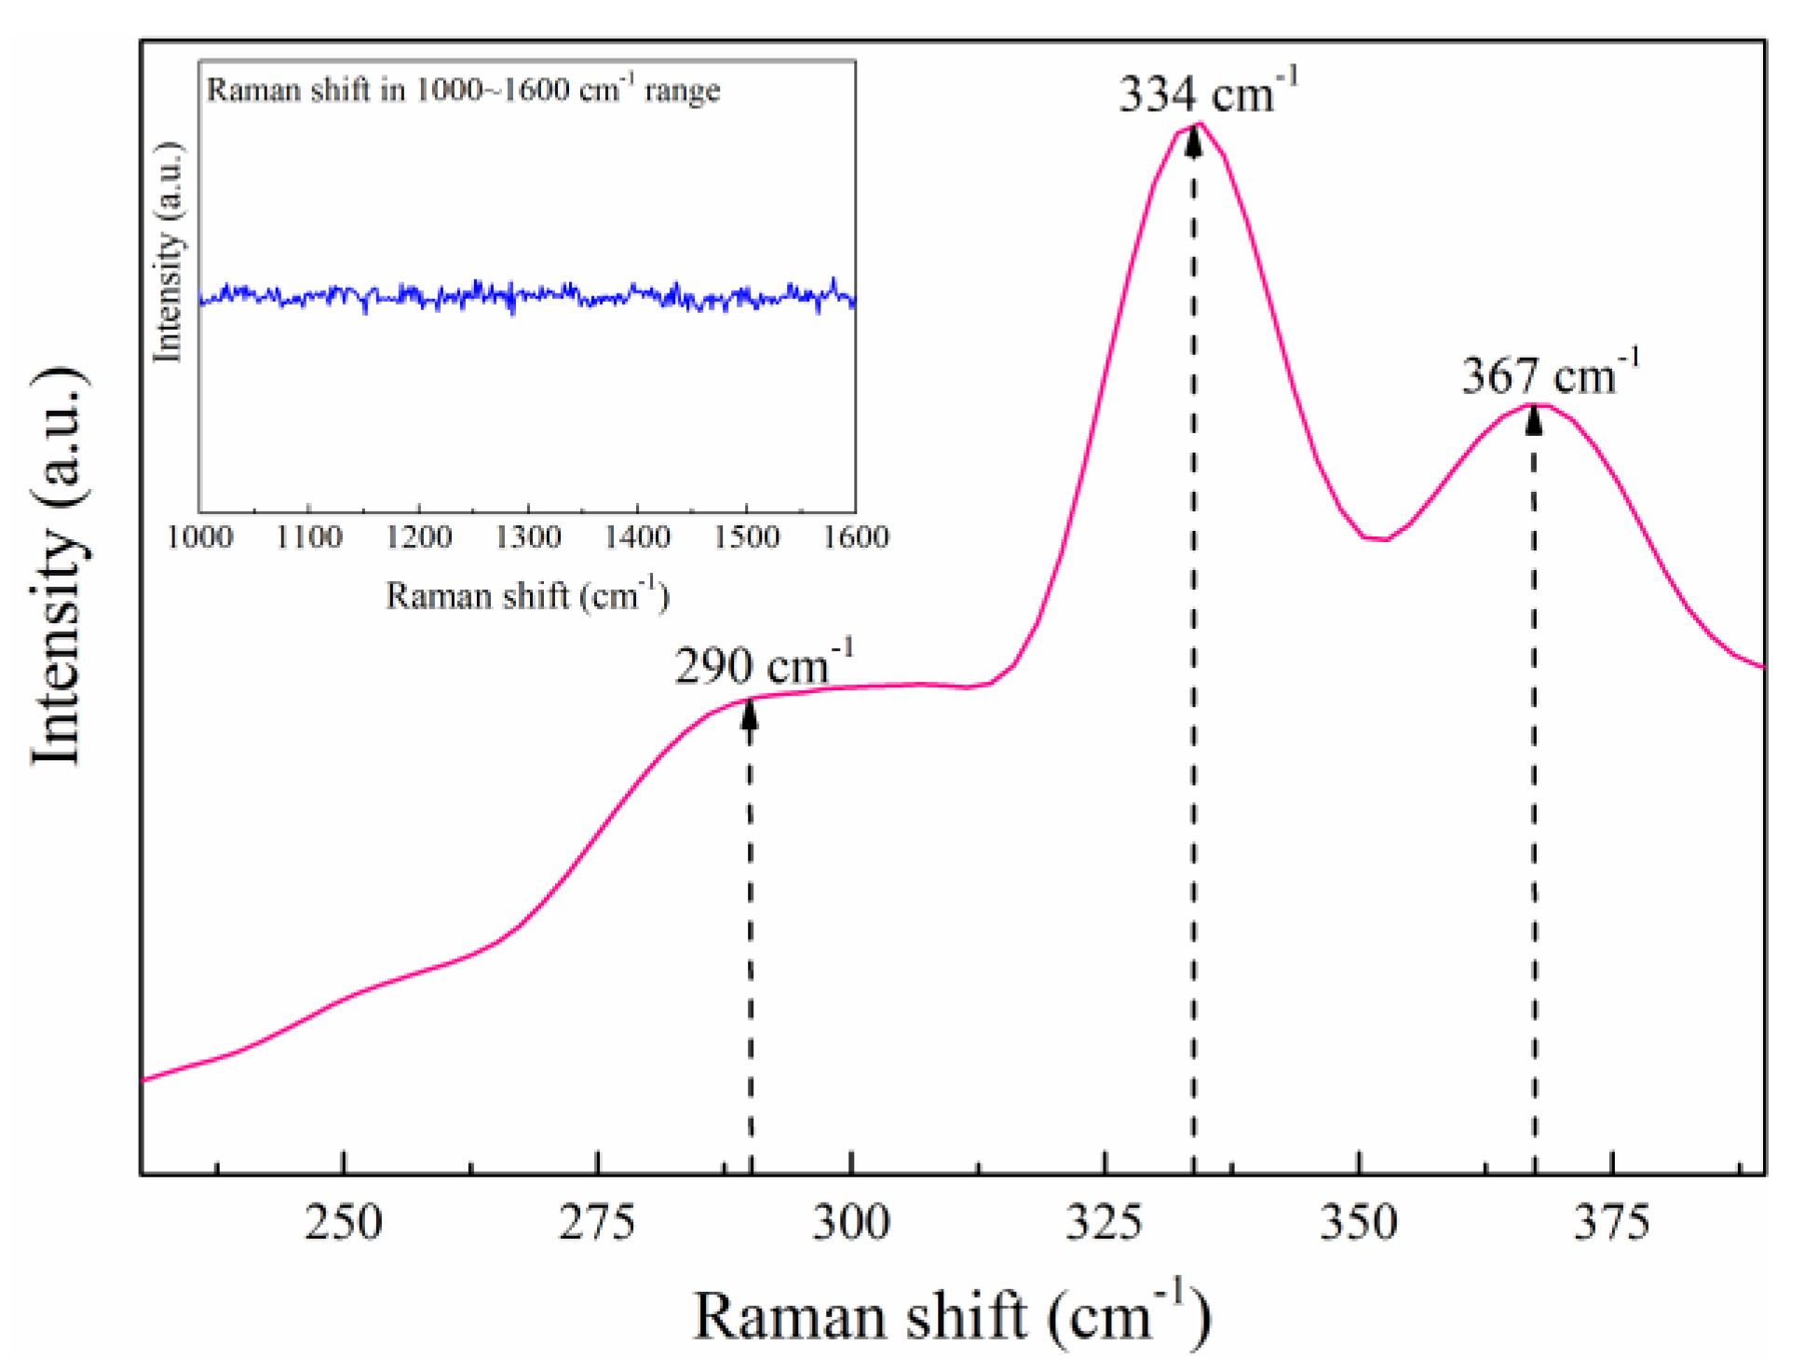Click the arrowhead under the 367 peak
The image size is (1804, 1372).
click(x=1534, y=421)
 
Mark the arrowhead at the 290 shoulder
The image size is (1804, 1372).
click(x=750, y=714)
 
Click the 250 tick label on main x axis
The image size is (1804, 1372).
click(x=343, y=1221)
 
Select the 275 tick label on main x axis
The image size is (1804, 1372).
click(x=596, y=1221)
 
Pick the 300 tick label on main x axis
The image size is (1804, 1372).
click(x=850, y=1221)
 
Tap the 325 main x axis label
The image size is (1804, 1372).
click(x=1104, y=1221)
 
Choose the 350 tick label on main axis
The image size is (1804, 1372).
click(x=1358, y=1221)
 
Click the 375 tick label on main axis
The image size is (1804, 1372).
click(x=1611, y=1221)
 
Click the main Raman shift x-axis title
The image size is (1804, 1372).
click(x=952, y=1315)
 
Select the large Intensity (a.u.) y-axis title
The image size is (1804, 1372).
click(x=58, y=566)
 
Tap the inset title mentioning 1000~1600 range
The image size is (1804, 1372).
click(x=463, y=89)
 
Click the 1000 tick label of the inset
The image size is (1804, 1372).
click(x=199, y=537)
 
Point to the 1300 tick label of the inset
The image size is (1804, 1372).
click(x=527, y=537)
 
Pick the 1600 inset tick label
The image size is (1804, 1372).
click(x=855, y=537)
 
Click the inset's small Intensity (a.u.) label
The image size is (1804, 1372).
click(x=168, y=251)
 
